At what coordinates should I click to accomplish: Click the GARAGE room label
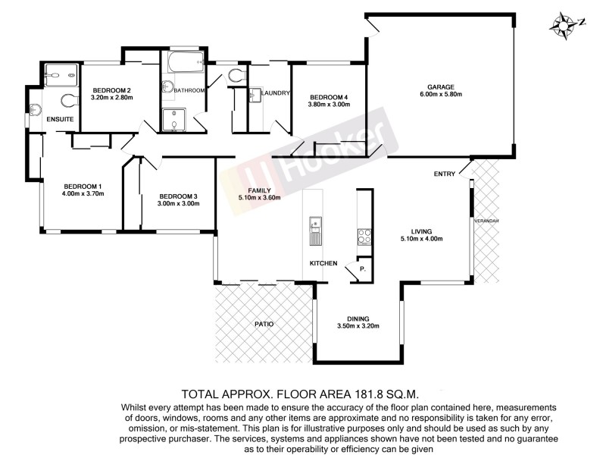coord(440,85)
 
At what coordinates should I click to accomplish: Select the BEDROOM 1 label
coord(83,186)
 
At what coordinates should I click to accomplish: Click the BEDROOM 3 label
coord(178,195)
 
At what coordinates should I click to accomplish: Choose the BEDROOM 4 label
coord(329,97)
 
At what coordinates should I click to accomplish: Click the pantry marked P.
coord(362,269)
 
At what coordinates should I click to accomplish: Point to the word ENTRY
coord(444,174)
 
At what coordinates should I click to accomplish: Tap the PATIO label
coord(264,325)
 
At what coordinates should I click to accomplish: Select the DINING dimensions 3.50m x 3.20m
coord(358,326)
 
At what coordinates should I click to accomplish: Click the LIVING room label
coord(421,231)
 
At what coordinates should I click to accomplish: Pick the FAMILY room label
coord(248,190)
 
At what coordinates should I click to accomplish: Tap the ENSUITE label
coord(59,120)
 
